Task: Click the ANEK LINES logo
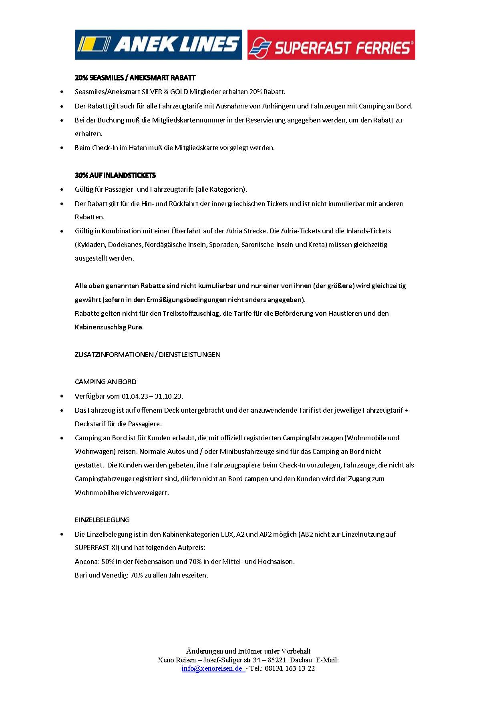pyautogui.click(x=158, y=44)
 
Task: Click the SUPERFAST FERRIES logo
pyautogui.click(x=331, y=45)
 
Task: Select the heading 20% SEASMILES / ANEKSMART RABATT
pyautogui.click(x=135, y=78)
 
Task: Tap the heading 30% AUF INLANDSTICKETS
pyautogui.click(x=115, y=175)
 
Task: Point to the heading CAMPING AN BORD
pyautogui.click(x=105, y=382)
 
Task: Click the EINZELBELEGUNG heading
pyautogui.click(x=102, y=520)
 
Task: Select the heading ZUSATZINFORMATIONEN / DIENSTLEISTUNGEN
pyautogui.click(x=147, y=354)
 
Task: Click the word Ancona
pyautogui.click(x=86, y=562)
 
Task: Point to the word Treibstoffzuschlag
pyautogui.click(x=191, y=313)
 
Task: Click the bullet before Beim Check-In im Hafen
pyautogui.click(x=62, y=148)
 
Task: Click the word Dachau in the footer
pyautogui.click(x=301, y=660)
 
